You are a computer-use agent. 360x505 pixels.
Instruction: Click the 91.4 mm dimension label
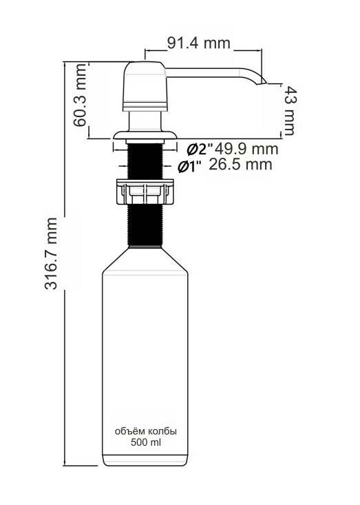pyautogui.click(x=199, y=43)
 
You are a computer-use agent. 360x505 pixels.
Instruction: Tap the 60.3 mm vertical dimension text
pyautogui.click(x=80, y=95)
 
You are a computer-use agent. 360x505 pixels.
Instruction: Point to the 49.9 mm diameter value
pyautogui.click(x=246, y=149)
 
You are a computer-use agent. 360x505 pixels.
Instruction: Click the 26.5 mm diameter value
pyautogui.click(x=240, y=164)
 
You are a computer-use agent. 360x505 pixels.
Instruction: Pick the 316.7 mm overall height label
pyautogui.click(x=51, y=254)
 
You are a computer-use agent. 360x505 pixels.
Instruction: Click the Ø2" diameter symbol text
pyautogui.click(x=200, y=149)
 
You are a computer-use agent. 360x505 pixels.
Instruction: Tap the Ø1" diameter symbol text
pyautogui.click(x=190, y=167)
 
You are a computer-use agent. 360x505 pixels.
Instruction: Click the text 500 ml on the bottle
pyautogui.click(x=146, y=442)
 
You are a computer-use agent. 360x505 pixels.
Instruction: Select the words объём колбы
pyautogui.click(x=146, y=431)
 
